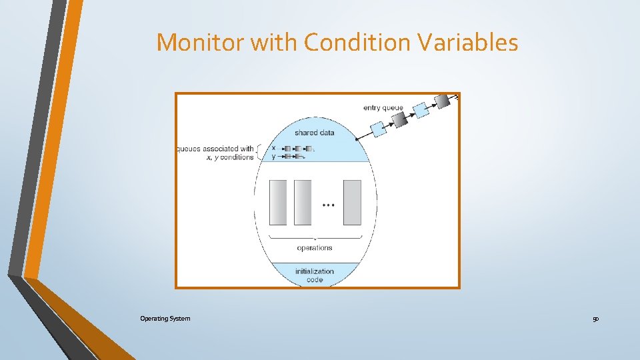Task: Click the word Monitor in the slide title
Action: (x=200, y=43)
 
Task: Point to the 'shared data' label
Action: (x=315, y=133)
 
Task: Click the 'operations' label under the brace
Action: (x=315, y=248)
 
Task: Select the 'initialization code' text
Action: (x=315, y=275)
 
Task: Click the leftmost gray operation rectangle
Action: (x=278, y=202)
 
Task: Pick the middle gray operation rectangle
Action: (x=303, y=202)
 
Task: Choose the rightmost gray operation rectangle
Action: (x=352, y=202)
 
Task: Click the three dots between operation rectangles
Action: (x=328, y=205)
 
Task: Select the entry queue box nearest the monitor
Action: (x=378, y=129)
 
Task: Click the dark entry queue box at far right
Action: (x=442, y=101)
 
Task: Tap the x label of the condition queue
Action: (x=273, y=148)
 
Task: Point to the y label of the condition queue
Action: (x=273, y=157)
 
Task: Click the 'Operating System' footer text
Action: (x=165, y=319)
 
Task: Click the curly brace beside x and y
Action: (x=259, y=153)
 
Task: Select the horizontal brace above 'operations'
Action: (x=315, y=237)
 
